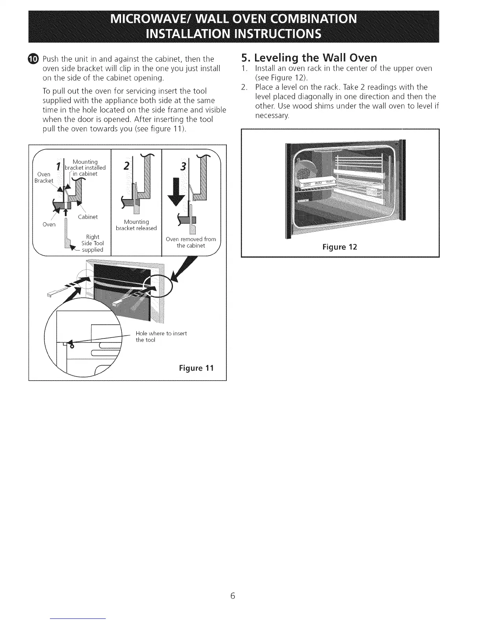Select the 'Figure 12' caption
pos(340,247)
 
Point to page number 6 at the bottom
pos(233,596)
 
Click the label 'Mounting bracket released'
pos(136,225)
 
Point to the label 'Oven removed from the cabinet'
pos(191,242)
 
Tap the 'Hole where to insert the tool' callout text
pos(161,337)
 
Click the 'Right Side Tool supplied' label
pos(92,243)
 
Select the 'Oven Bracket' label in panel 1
pos(44,177)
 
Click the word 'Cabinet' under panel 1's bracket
pos(88,217)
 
